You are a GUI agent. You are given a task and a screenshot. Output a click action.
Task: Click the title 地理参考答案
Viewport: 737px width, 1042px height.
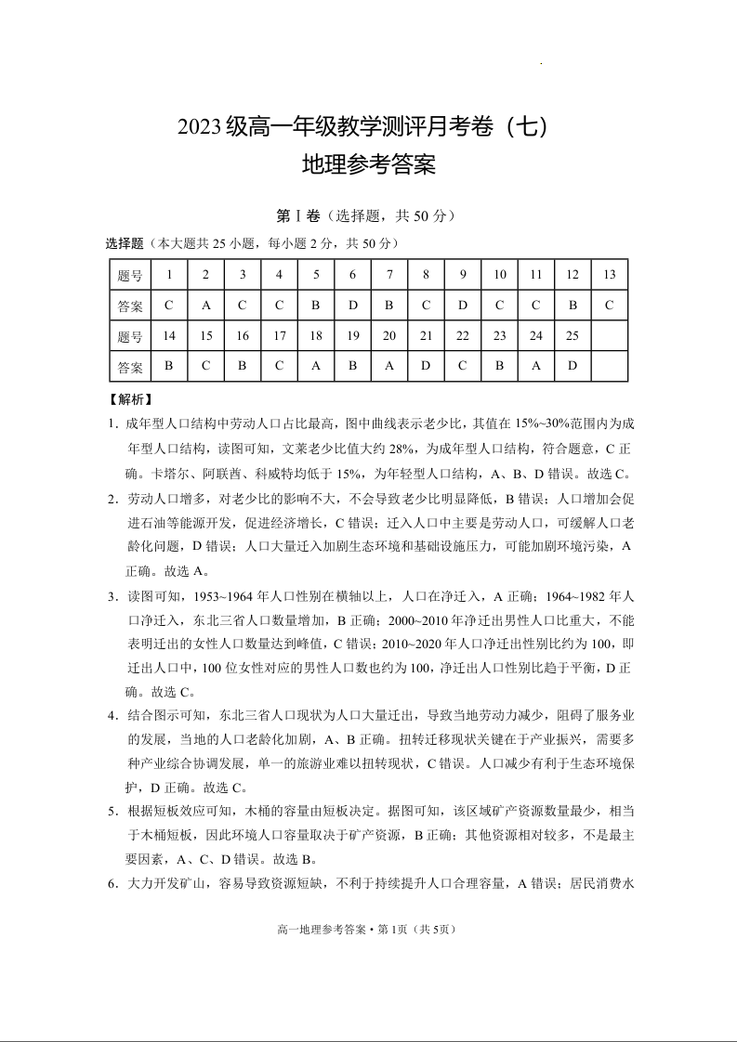(x=369, y=166)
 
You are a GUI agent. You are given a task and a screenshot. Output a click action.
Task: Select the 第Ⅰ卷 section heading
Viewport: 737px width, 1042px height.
(x=298, y=215)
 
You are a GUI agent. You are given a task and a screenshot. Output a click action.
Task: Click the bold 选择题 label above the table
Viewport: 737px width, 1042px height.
(x=125, y=243)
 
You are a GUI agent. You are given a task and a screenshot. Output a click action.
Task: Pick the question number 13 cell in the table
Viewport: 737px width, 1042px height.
(x=609, y=274)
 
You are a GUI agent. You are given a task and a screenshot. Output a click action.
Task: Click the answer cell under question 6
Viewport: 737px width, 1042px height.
(x=352, y=305)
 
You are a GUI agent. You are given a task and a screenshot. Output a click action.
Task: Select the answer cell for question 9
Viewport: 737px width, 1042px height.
(x=462, y=305)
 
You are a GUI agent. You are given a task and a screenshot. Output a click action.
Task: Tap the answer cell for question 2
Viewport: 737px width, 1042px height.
(x=205, y=305)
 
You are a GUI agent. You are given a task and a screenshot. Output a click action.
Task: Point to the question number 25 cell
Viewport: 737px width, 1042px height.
(x=572, y=335)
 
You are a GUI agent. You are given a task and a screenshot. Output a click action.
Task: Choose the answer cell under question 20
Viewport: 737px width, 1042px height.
(x=389, y=366)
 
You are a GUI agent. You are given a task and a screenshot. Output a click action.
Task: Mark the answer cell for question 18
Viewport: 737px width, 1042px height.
(x=316, y=366)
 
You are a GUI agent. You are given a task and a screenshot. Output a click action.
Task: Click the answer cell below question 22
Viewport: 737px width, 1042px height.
(x=462, y=366)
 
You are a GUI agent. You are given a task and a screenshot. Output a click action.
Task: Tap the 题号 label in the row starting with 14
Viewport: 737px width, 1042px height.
(x=131, y=336)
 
